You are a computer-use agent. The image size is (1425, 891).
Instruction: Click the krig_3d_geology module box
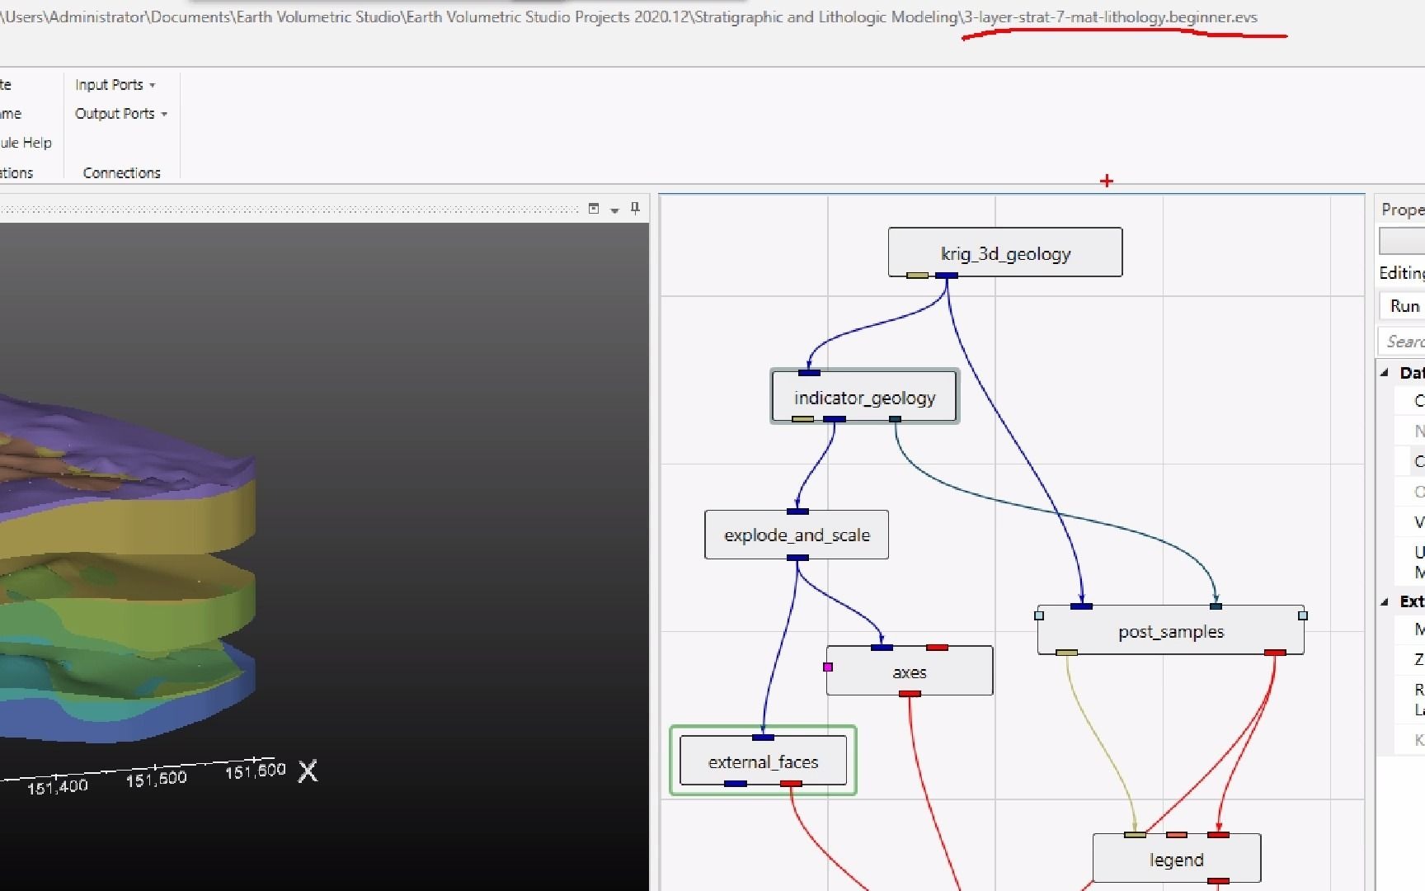click(x=1004, y=252)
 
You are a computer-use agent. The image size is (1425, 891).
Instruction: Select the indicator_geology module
click(x=864, y=397)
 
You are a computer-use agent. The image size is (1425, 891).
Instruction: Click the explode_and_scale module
click(x=797, y=535)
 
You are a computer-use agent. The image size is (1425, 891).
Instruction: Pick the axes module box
click(x=910, y=672)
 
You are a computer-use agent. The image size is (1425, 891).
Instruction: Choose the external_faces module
click(x=763, y=761)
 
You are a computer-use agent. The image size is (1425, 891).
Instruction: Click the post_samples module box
click(x=1170, y=631)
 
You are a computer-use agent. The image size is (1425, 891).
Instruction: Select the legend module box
click(x=1176, y=860)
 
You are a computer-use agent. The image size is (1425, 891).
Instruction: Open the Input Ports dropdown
click(x=115, y=85)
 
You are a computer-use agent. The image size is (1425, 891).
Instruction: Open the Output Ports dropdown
click(x=120, y=114)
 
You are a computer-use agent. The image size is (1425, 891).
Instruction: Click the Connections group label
click(x=121, y=172)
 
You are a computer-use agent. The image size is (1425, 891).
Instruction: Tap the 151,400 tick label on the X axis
click(x=57, y=787)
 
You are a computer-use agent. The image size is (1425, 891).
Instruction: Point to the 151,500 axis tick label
click(x=156, y=779)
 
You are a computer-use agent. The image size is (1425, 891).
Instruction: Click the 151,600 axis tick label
click(x=255, y=771)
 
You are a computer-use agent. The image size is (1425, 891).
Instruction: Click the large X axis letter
click(x=308, y=771)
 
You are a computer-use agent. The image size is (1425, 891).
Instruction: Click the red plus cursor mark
click(x=1107, y=181)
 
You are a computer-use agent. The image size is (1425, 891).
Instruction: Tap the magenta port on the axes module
click(x=828, y=667)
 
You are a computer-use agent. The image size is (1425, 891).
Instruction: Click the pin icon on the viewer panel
click(x=635, y=208)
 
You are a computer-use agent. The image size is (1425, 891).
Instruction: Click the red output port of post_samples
click(x=1275, y=653)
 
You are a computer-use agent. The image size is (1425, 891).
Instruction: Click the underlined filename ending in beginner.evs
click(x=1110, y=17)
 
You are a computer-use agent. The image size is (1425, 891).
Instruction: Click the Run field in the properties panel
click(x=1404, y=306)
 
